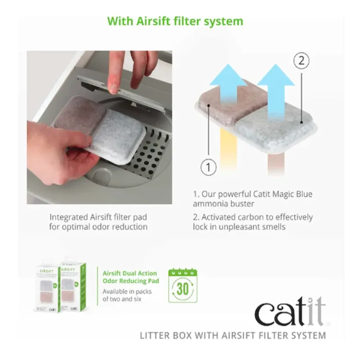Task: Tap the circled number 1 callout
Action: [208, 168]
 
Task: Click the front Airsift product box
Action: [47, 289]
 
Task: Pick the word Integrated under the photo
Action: [69, 217]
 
